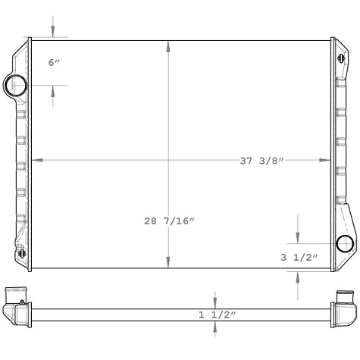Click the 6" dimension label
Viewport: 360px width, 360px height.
[x=54, y=62]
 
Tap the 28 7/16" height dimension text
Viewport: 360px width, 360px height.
[x=170, y=221]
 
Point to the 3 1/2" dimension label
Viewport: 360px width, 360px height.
[x=299, y=258]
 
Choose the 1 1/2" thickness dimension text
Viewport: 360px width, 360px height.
[x=218, y=315]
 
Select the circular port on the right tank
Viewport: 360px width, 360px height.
[x=345, y=244]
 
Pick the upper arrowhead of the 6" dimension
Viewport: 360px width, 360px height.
[x=53, y=33]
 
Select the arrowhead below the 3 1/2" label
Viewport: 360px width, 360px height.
[x=297, y=274]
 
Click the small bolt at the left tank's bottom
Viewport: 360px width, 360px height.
[x=21, y=253]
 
